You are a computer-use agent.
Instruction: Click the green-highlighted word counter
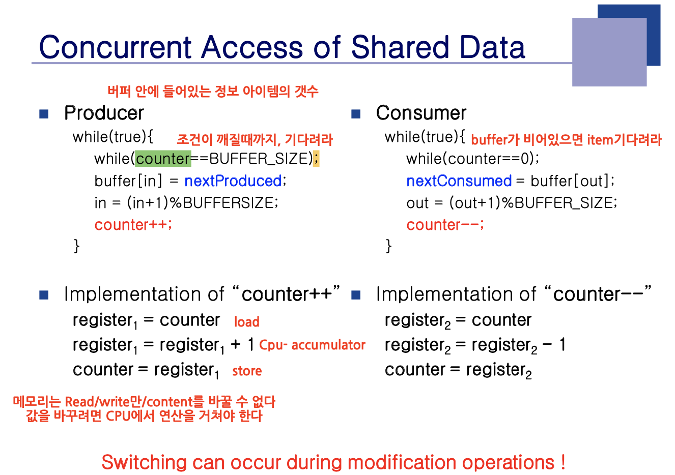tap(163, 159)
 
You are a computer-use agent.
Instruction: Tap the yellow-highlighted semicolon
tap(316, 158)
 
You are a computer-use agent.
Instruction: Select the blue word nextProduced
tap(233, 181)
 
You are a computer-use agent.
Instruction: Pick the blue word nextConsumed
tap(459, 181)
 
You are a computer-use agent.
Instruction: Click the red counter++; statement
tap(133, 225)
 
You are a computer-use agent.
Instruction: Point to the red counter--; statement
tap(445, 225)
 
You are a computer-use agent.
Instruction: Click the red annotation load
tap(247, 322)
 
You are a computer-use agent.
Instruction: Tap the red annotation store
tap(247, 371)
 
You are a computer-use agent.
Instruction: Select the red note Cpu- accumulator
tap(312, 345)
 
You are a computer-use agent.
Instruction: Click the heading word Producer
tap(104, 113)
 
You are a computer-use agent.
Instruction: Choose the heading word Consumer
tap(421, 113)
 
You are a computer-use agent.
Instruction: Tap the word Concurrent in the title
tap(115, 47)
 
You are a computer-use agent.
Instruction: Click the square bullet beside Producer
tap(44, 114)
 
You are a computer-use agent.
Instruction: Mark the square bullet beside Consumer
tap(356, 114)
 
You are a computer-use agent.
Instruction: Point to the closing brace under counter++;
tap(76, 246)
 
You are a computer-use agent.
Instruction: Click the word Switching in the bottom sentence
tap(144, 463)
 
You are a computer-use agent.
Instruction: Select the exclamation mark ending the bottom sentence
tap(563, 462)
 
